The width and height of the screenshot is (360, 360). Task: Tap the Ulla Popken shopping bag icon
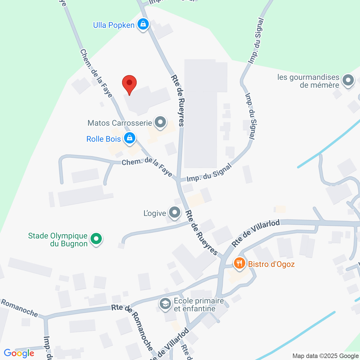pos(143,24)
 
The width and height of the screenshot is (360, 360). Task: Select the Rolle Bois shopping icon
pos(129,138)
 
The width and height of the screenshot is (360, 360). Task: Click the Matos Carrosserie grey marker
pos(160,122)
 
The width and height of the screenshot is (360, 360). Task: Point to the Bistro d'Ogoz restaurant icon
pos(239,264)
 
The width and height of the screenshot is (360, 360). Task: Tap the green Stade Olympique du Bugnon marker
pos(96,239)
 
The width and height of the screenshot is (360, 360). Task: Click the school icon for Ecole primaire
pos(165,304)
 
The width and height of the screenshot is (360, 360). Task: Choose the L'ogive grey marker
pos(175,213)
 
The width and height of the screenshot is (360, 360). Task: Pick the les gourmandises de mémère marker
pos(348,80)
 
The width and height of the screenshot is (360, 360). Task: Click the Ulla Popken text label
pos(114,25)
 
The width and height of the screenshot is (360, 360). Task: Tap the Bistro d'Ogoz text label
pos(271,264)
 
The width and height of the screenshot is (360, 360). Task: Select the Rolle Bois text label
pos(103,139)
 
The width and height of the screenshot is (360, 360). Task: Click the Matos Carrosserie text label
pos(120,123)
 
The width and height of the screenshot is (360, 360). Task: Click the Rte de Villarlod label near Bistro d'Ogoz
pos(256,233)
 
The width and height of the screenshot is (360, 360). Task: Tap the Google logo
pos(19,353)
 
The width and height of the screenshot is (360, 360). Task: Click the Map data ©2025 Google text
pos(326,356)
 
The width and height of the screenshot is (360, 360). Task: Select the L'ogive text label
pos(155,213)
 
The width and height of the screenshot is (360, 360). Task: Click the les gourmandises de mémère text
pos(308,81)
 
